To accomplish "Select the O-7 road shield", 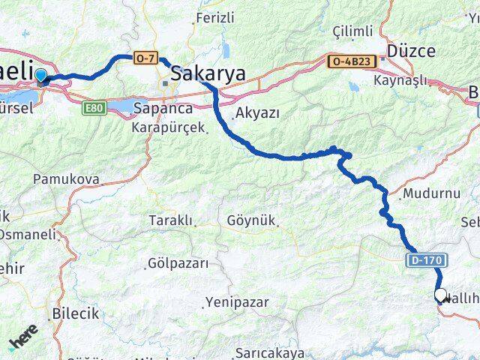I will tap(145, 57).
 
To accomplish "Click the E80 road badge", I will tap(94, 109).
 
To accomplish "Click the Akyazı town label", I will tap(257, 113).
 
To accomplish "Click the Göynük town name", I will tap(251, 221).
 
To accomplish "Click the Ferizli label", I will tap(214, 16).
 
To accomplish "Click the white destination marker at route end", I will tap(440, 295).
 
